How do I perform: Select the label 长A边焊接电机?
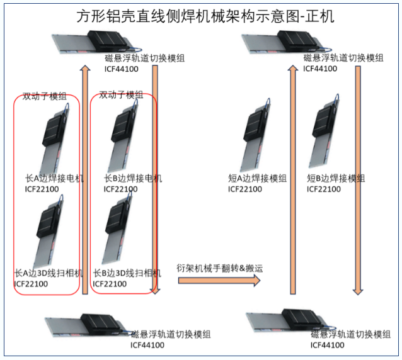(54, 179)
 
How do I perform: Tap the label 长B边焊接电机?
(133, 179)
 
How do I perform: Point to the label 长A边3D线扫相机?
(49, 274)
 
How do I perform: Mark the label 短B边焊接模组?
(336, 179)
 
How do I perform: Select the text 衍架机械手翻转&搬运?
(219, 268)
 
